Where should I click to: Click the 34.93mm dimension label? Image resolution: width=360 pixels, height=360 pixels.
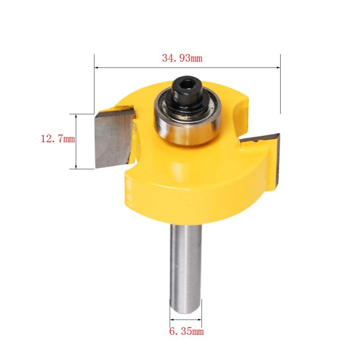coord(182,58)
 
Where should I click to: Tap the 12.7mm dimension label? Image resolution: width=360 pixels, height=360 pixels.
coord(58,139)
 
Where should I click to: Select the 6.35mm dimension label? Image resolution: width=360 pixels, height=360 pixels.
coord(186,331)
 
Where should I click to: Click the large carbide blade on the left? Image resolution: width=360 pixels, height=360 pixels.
coord(114,138)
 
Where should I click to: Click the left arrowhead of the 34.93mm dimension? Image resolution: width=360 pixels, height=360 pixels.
coord(97,67)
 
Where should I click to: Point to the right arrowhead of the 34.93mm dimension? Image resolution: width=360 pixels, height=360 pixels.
coord(278,67)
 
